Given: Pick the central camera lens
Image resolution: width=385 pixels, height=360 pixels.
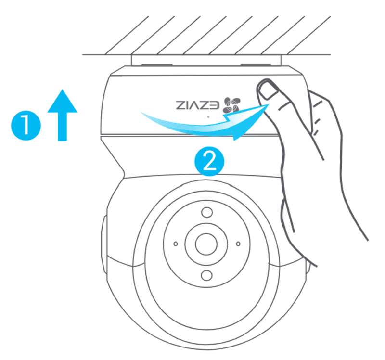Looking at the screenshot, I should point(206,244).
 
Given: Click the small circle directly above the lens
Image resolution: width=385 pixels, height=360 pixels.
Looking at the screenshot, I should point(206,212).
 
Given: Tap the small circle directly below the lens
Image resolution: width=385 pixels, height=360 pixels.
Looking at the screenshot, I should point(206,275).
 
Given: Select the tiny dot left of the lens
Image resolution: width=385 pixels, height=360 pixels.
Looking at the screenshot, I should point(175,244).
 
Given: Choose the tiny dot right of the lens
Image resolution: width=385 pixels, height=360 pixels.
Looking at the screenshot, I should point(238,244).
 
